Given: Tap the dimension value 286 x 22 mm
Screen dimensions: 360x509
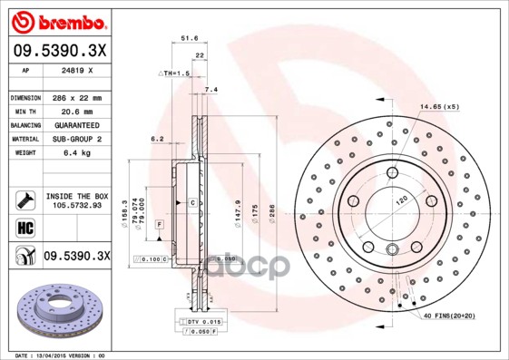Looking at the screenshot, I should click(74, 97).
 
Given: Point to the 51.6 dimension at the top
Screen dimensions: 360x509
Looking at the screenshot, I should click(189, 39).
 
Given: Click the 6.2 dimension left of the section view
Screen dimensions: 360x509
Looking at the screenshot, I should click(156, 139).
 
